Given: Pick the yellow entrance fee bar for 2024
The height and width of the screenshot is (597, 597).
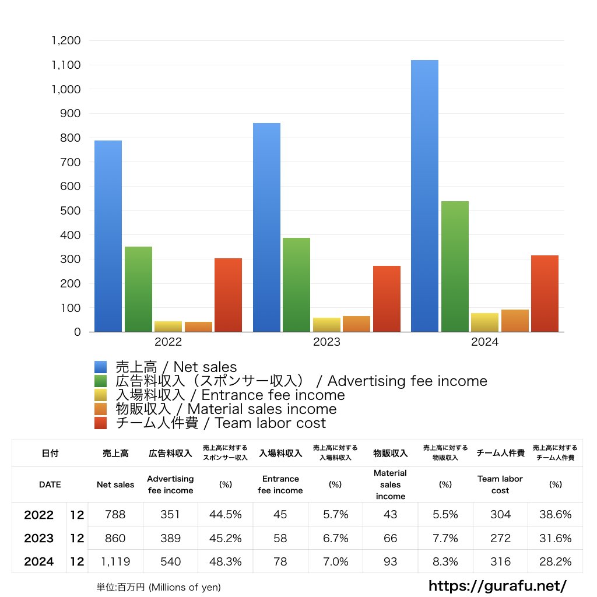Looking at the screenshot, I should click(x=484, y=322).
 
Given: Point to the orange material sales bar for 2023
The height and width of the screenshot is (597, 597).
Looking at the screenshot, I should click(x=356, y=324).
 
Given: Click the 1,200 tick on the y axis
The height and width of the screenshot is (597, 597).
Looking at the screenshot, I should click(x=66, y=41).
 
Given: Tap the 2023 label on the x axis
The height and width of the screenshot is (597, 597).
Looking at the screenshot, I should click(x=326, y=342).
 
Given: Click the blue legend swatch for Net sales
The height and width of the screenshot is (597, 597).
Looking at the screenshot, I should click(x=101, y=367).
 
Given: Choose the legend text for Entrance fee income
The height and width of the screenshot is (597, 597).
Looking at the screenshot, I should click(x=230, y=395).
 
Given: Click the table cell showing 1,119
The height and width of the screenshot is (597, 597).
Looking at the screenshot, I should click(x=115, y=561).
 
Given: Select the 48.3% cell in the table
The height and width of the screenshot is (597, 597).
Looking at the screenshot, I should click(x=225, y=561).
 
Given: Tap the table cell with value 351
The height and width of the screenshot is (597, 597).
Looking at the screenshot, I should click(x=170, y=514).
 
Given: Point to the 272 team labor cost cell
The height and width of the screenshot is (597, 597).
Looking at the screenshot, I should click(x=500, y=538).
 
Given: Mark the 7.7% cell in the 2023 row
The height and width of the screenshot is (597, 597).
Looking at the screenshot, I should click(x=445, y=538).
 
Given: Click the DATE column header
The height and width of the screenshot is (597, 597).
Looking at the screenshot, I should click(x=50, y=484).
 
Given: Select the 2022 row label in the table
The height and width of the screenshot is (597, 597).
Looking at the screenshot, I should click(x=39, y=515).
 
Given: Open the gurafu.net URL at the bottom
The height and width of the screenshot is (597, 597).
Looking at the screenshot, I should click(x=497, y=585).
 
